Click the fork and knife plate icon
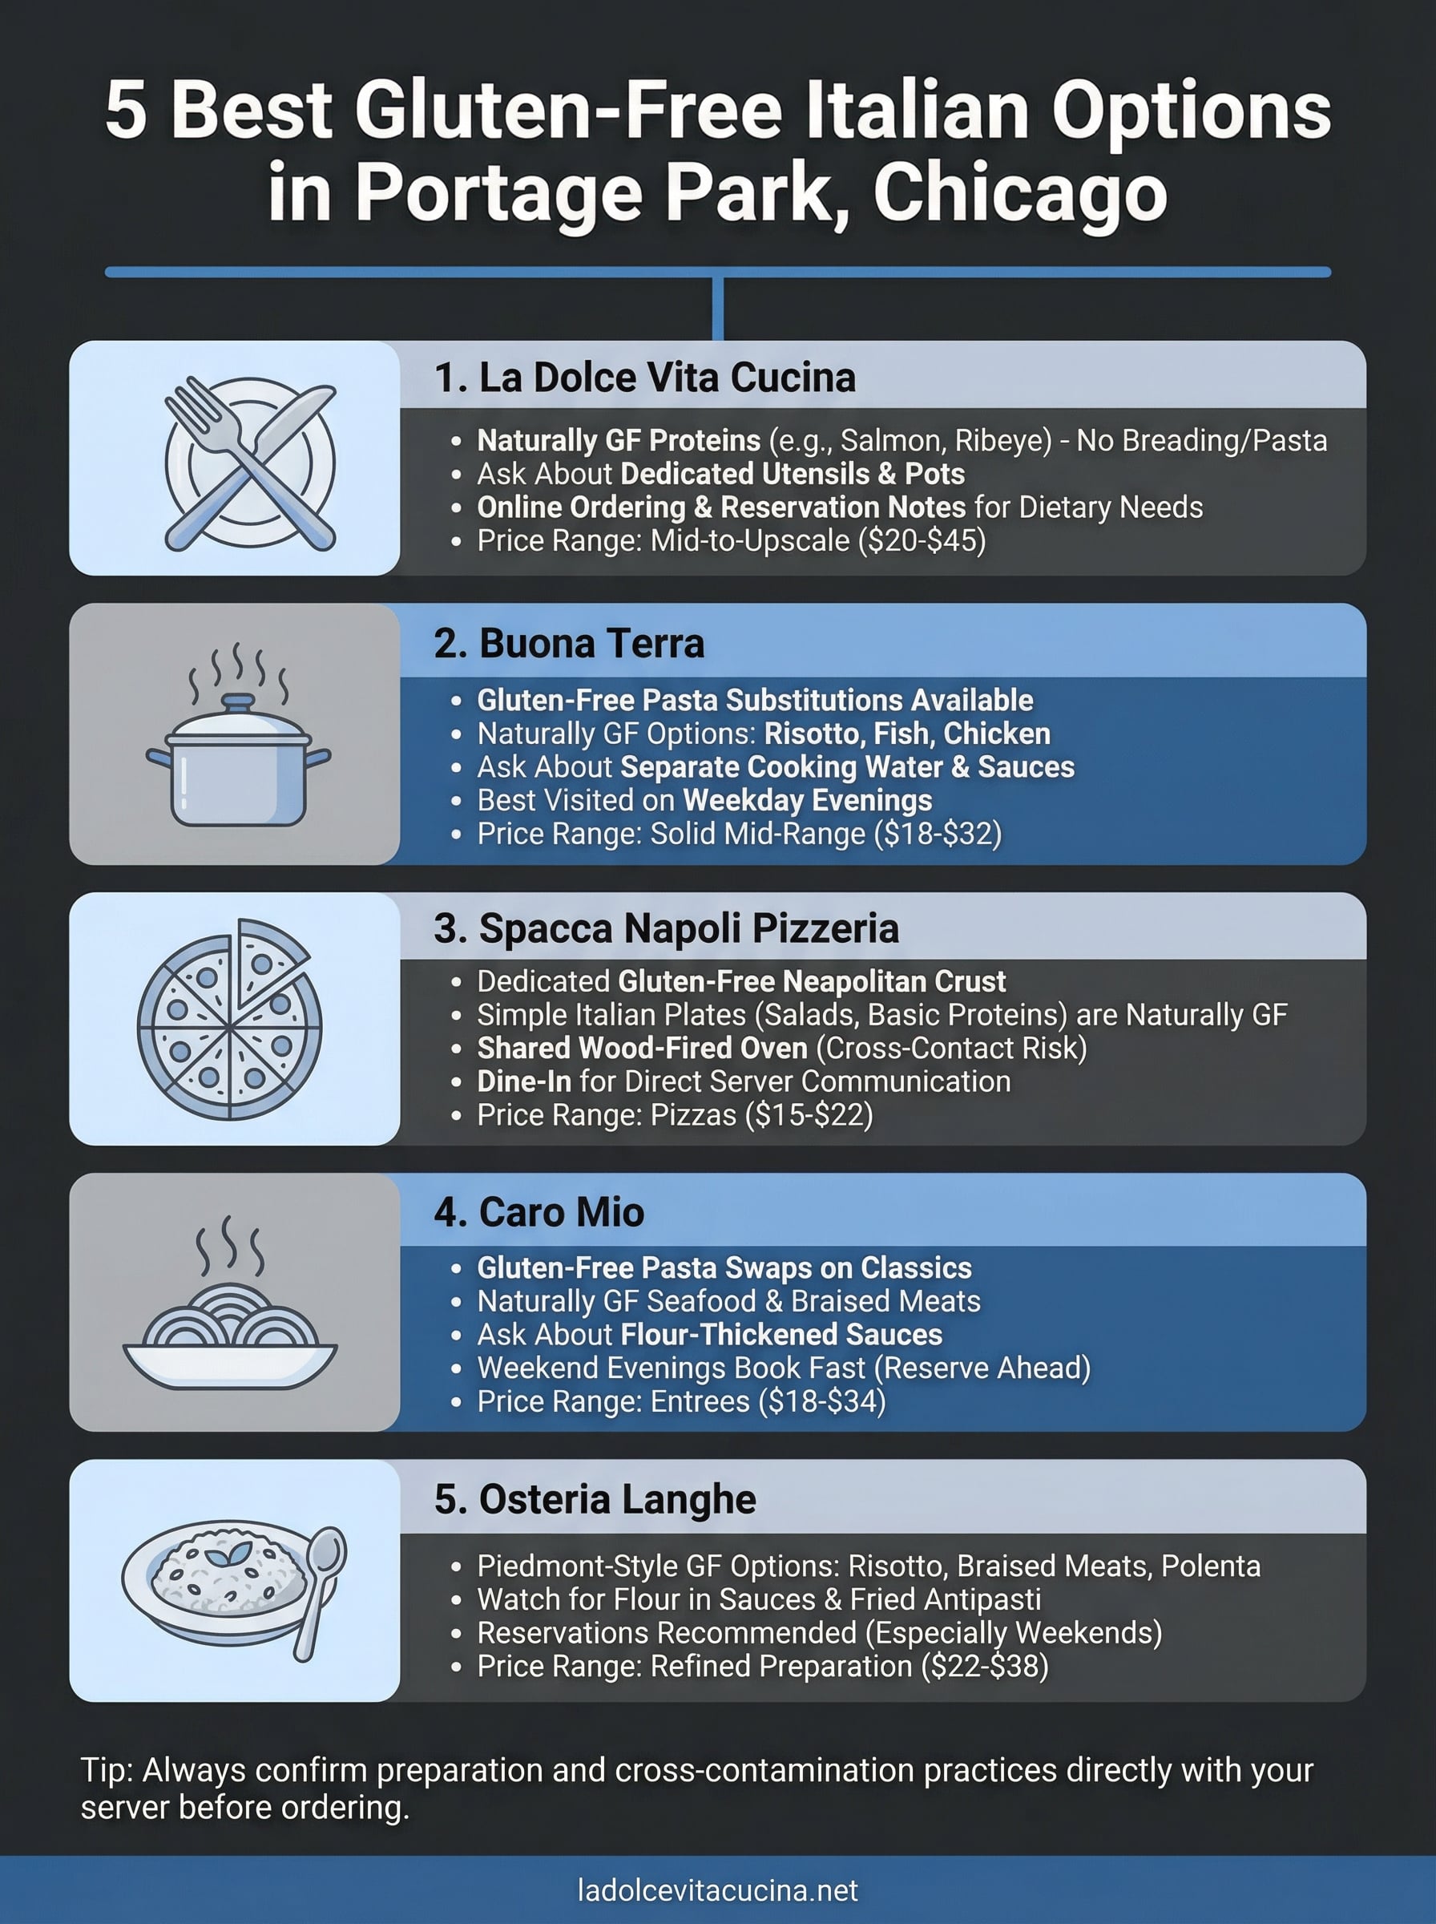(250, 463)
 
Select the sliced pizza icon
(230, 1019)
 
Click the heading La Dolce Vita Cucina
(645, 378)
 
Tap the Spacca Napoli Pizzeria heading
(666, 928)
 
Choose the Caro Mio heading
(539, 1212)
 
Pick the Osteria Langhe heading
(595, 1499)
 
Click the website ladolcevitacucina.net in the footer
(717, 1890)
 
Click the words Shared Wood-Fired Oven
(642, 1049)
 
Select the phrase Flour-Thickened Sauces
(781, 1335)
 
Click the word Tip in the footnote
(105, 1770)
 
